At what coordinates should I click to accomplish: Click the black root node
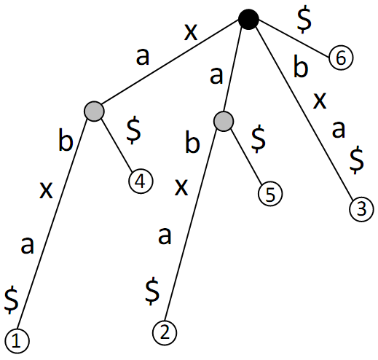248,20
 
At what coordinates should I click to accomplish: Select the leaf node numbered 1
17,341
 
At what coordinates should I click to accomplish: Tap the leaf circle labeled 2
165,333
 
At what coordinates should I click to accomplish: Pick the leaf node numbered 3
361,209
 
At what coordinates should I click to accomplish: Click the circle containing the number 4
141,181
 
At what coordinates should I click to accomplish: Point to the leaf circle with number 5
270,194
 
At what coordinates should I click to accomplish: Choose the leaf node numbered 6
341,58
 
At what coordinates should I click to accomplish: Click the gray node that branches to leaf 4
94,111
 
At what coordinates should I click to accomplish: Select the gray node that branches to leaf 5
224,122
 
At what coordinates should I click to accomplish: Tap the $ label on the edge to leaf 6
304,20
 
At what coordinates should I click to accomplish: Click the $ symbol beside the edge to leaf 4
133,130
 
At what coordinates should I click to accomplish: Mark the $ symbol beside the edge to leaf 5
259,139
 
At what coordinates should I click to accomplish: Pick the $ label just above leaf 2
152,291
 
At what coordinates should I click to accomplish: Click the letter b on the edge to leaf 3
301,66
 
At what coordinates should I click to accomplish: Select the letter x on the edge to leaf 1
46,190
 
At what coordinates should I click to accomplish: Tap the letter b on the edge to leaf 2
192,142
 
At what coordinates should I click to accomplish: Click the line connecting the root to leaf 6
294,39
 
